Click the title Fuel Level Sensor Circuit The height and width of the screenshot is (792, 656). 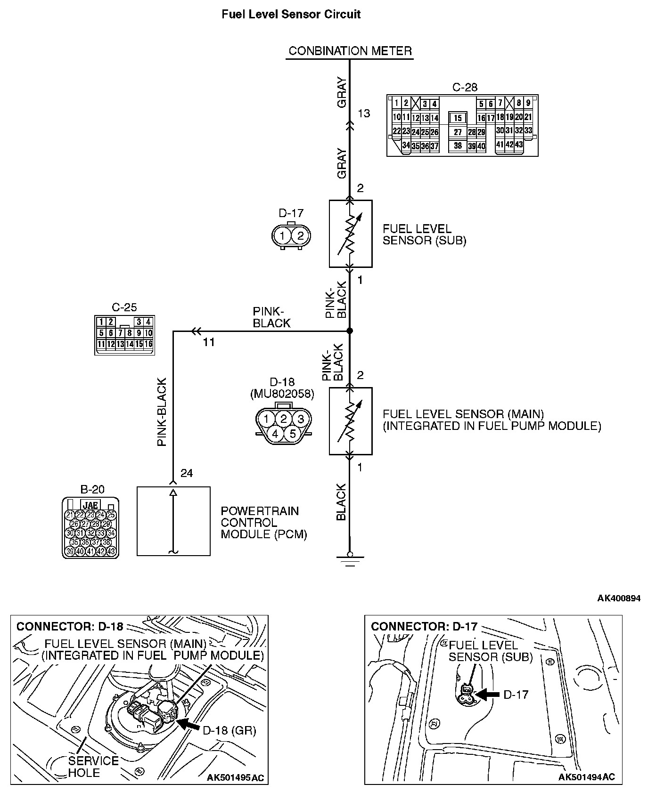point(291,14)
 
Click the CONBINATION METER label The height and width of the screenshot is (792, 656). point(350,51)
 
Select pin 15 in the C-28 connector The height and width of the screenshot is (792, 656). point(458,118)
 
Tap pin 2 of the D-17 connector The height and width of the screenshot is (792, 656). point(301,235)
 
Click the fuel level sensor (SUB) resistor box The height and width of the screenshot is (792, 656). point(350,234)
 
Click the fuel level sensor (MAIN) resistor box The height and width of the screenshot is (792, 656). point(350,421)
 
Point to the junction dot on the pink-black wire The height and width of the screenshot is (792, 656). point(350,331)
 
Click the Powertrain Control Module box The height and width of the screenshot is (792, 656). point(173,521)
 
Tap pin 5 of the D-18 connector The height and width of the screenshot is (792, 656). point(292,433)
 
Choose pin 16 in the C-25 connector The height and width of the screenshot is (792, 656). point(148,344)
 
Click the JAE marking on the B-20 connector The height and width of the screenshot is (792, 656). point(90,506)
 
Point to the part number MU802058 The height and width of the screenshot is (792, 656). point(282,393)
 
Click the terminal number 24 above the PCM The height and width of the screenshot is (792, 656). point(187,473)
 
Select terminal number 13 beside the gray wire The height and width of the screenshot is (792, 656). point(364,113)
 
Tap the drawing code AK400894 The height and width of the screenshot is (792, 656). point(619,598)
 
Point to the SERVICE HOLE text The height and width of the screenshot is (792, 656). point(93,766)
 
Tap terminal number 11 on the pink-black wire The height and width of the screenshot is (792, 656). point(209,342)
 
